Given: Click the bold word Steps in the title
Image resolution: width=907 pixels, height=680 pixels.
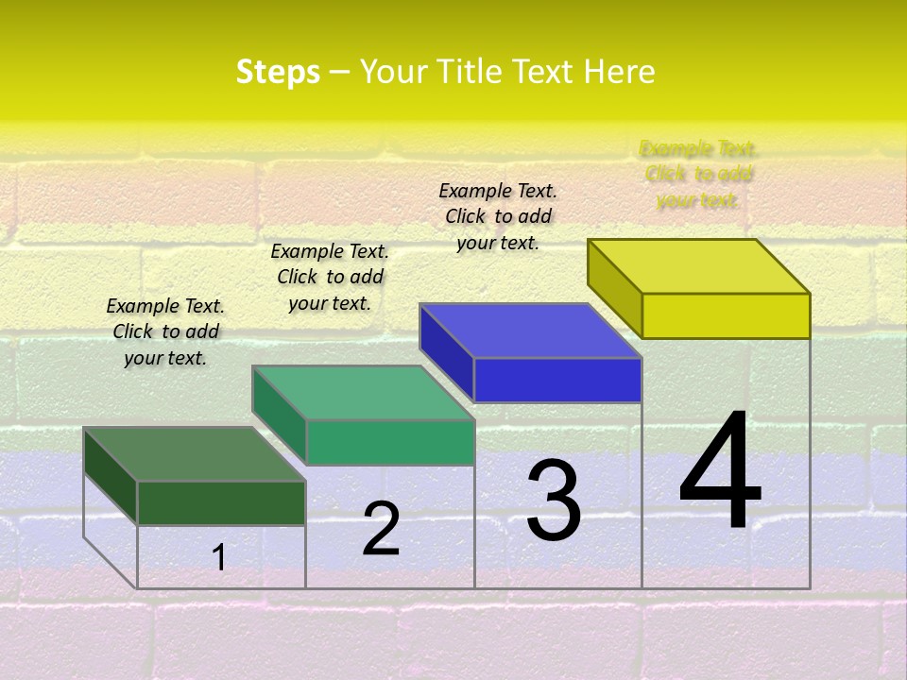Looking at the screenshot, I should pos(278,72).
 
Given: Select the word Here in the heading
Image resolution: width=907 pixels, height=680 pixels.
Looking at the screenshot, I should pos(619,72).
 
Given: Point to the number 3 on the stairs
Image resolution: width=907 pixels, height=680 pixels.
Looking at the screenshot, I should pos(554,501).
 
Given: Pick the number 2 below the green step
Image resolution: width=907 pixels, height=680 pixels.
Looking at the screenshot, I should pos(381,529).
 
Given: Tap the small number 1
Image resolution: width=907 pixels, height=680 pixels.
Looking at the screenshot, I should pos(219,557).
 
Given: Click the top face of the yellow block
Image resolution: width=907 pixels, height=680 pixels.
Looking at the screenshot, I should pos(699,266).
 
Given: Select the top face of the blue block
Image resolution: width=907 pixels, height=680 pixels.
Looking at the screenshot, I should pos(531,331).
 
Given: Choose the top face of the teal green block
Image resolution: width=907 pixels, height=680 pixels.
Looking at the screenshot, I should pos(363,393).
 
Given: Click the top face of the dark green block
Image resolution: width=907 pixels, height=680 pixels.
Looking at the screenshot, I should pos(195,454).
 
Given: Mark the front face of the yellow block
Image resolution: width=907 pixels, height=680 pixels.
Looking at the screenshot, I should pos(726,315).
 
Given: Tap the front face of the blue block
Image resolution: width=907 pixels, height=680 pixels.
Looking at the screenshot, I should pos(557,380).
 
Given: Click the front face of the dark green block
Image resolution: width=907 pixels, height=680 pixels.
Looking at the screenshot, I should pos(221,502).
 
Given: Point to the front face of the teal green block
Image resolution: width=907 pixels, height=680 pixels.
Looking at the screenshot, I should pos(389,442).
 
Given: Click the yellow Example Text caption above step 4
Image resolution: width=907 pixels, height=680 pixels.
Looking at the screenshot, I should pos(698,175).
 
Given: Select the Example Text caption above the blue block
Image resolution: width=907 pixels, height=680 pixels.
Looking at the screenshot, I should pos(498,216).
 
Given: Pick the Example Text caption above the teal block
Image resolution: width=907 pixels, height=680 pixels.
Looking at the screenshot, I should pos(330,277).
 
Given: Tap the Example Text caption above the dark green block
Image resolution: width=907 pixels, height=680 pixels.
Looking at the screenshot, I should pos(165,331).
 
